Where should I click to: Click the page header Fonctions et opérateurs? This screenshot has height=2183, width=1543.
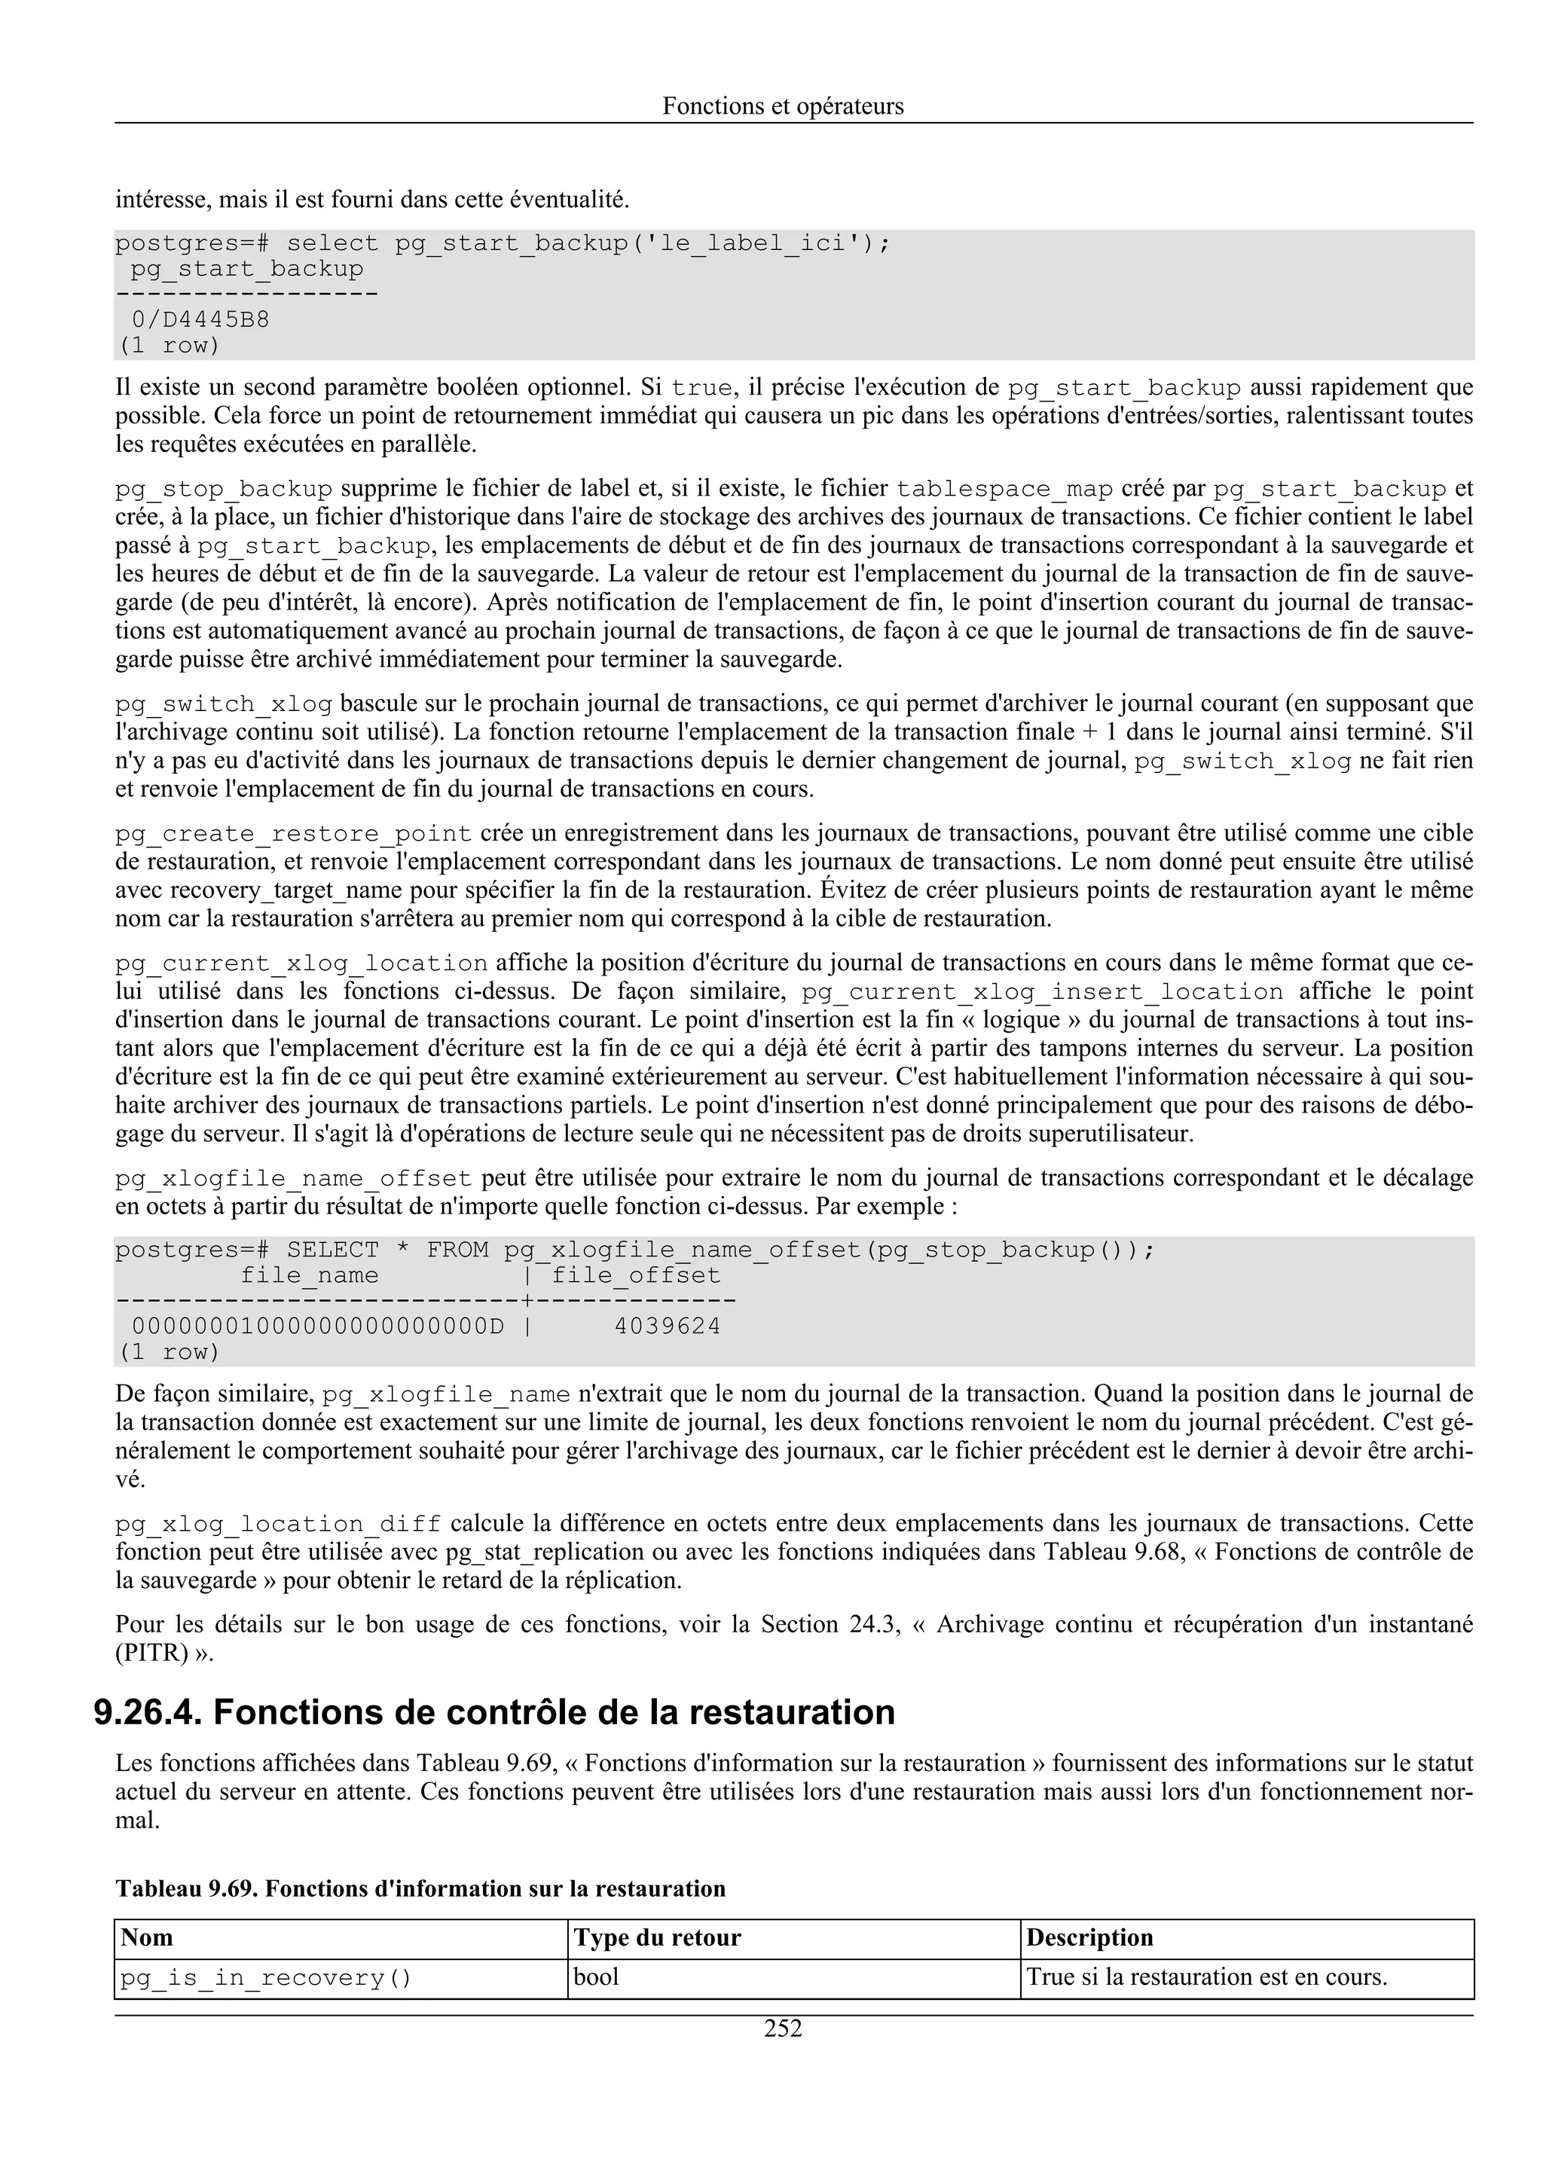[783, 106]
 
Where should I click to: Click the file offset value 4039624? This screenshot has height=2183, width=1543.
[668, 1327]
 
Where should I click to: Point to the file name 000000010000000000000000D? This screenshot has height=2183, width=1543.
[317, 1327]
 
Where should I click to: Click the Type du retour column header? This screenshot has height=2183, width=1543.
[657, 1937]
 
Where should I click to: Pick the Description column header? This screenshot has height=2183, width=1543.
[1089, 1937]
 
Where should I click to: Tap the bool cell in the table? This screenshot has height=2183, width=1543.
[597, 1977]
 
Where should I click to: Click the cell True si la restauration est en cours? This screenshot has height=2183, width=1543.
[1206, 1977]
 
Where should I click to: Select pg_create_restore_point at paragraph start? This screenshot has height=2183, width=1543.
[294, 835]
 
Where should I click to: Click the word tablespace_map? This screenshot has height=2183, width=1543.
[1004, 490]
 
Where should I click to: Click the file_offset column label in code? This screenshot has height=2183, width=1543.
[636, 1276]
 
